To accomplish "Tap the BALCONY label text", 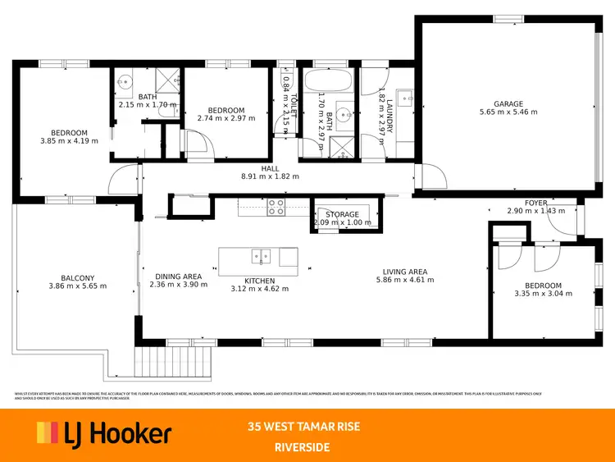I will coord(77,277).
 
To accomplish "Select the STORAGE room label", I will coord(343,214).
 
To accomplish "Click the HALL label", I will coord(271,168).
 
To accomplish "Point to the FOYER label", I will coord(536,203).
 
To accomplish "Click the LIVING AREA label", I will coord(405,272).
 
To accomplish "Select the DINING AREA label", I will coord(179,277).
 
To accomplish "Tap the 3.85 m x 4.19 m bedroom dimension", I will coord(69,141).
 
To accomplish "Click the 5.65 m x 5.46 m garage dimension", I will coord(508,112).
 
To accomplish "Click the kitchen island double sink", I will coord(262,256).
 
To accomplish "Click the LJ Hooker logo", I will coord(103,432).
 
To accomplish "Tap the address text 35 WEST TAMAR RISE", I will coord(304,427).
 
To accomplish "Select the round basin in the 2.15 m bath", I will coord(125,81).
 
